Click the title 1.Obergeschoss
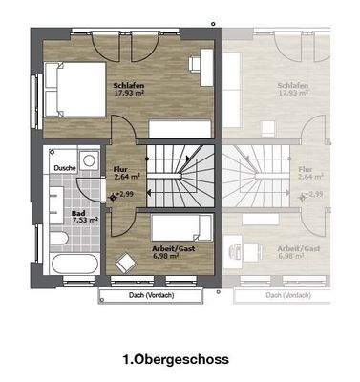tap(175, 360)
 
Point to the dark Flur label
tap(121, 168)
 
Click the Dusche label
tap(66, 168)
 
